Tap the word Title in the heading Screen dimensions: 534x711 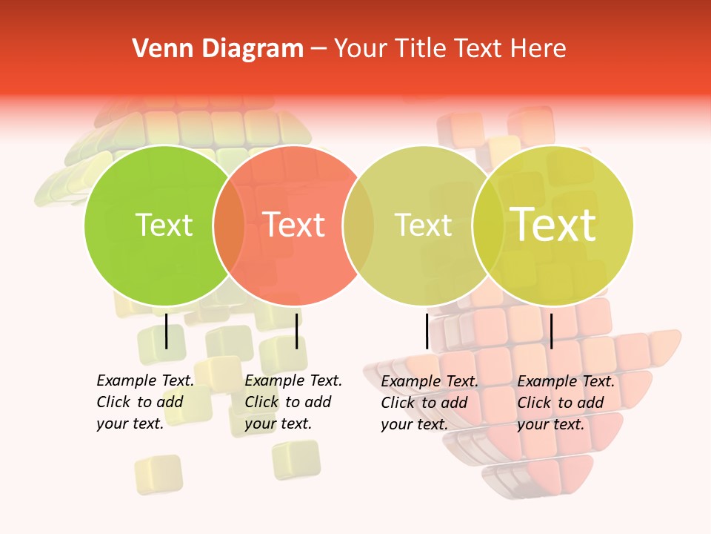click(x=418, y=49)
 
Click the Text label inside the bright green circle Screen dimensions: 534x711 click(x=164, y=225)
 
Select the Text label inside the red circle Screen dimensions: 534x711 click(x=293, y=225)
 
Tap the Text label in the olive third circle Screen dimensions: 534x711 click(x=423, y=225)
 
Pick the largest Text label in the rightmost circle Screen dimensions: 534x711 click(x=553, y=225)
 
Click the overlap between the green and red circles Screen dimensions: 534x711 click(x=229, y=225)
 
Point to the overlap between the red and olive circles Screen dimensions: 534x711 click(x=358, y=225)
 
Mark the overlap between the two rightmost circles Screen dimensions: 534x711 click(x=488, y=225)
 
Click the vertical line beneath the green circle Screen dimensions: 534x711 click(x=167, y=331)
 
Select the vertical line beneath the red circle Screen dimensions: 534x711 click(x=296, y=331)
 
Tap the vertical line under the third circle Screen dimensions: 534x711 click(x=427, y=331)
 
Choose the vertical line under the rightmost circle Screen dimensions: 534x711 click(x=552, y=331)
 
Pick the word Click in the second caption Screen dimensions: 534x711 click(x=261, y=402)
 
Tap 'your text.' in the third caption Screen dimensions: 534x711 click(x=414, y=424)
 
